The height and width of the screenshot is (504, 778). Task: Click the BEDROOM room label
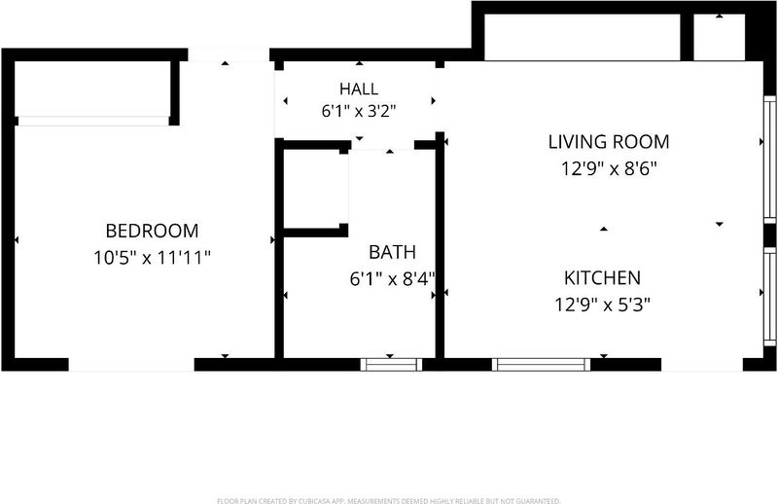point(153,231)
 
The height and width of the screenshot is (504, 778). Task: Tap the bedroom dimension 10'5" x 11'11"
point(153,258)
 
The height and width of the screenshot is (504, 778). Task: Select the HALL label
point(359,89)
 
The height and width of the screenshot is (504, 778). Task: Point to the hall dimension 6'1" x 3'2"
point(359,111)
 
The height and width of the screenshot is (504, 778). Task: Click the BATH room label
point(392,252)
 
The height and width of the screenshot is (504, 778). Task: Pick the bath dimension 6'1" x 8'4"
point(392,279)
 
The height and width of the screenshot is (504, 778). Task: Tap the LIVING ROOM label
point(609,142)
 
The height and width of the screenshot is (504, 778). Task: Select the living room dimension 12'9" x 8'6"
point(609,169)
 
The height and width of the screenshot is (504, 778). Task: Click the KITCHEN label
point(602,278)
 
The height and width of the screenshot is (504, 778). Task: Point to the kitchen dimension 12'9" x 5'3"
point(602,305)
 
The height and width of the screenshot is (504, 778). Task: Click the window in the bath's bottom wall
point(391,365)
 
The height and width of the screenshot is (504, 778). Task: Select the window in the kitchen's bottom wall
point(542,365)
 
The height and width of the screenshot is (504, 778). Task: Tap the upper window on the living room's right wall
point(769,159)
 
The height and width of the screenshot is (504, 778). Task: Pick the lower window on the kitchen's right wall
point(769,297)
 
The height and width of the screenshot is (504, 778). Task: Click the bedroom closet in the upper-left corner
point(92,90)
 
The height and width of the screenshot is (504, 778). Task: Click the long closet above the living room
point(582,37)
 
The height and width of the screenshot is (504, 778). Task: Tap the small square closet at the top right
point(719,37)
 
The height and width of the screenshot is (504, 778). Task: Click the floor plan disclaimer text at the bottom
point(389,500)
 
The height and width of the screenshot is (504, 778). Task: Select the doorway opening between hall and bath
point(382,145)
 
